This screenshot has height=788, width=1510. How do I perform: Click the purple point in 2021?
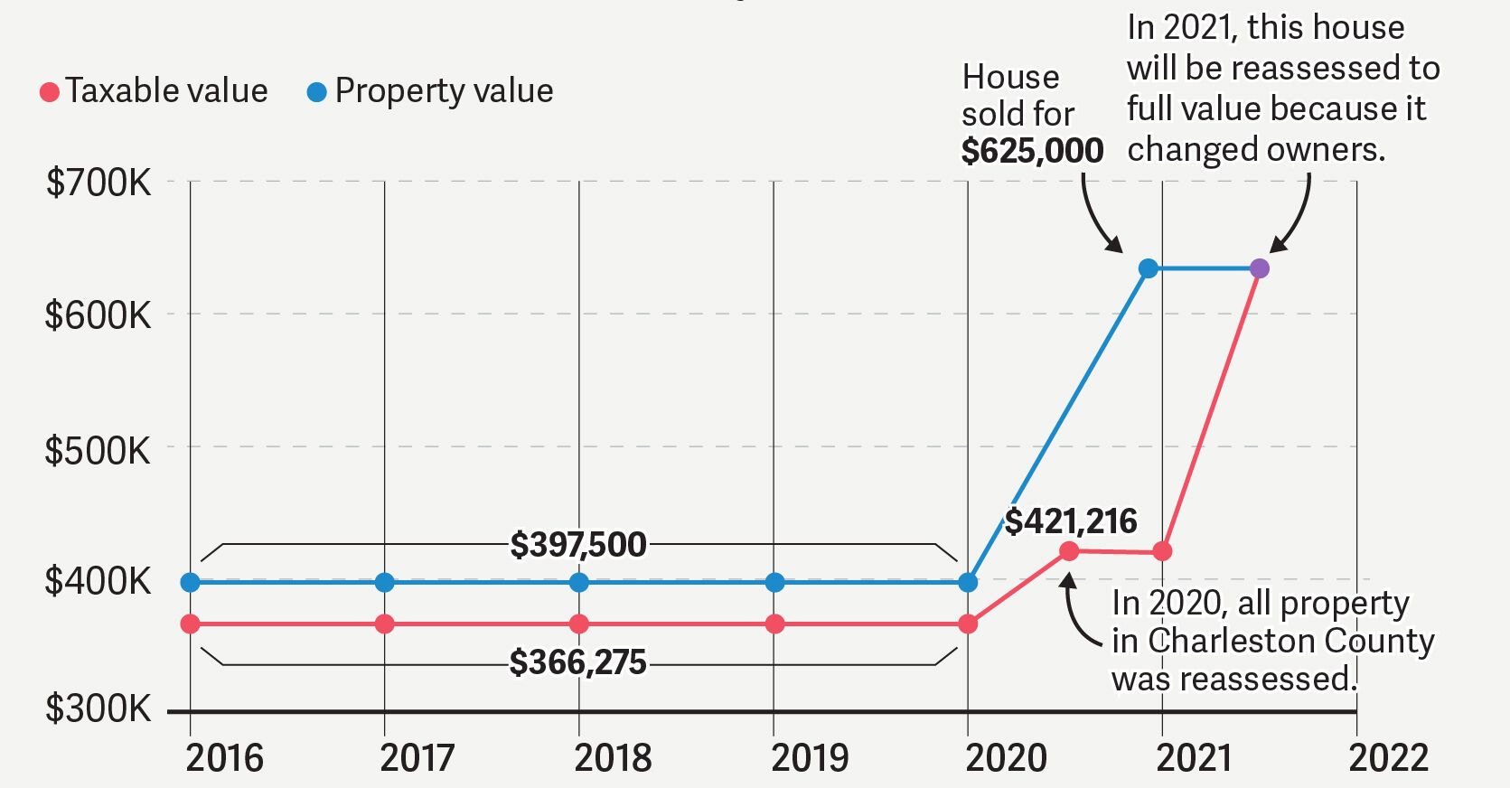[x=1259, y=268]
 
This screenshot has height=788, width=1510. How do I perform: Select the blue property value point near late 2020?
[x=1148, y=268]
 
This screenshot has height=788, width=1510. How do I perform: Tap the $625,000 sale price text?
[x=1032, y=151]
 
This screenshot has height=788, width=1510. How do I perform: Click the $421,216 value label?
[x=1071, y=521]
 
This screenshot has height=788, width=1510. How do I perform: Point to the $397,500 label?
[x=578, y=545]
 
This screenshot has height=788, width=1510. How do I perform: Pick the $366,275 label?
[x=578, y=662]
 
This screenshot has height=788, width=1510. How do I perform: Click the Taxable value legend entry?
[x=154, y=91]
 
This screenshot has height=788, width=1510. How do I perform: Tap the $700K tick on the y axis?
[x=98, y=183]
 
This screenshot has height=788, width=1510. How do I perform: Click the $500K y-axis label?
[x=98, y=450]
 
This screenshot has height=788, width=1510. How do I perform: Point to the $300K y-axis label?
[x=98, y=708]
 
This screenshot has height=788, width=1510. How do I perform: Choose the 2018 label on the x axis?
[x=613, y=757]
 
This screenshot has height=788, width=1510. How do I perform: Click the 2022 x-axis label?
[x=1388, y=757]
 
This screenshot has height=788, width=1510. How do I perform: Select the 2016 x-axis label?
[x=224, y=757]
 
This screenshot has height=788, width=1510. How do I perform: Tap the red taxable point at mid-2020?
[x=1068, y=551]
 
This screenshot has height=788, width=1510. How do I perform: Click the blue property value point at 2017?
[x=384, y=583]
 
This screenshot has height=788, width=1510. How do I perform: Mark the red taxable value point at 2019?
[x=774, y=624]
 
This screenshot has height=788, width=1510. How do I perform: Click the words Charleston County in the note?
[x=1290, y=641]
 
